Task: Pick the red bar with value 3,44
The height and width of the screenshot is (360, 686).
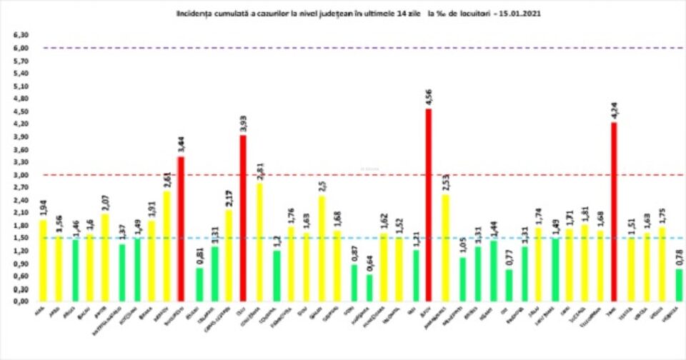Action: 181,229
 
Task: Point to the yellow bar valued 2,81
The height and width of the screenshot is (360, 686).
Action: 259,242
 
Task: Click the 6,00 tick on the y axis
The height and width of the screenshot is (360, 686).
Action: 21,48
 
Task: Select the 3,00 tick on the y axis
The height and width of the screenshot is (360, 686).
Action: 21,175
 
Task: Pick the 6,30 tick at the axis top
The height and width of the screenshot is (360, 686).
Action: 21,35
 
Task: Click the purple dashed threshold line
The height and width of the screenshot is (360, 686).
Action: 357,48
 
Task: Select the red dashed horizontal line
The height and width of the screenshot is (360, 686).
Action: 357,174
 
